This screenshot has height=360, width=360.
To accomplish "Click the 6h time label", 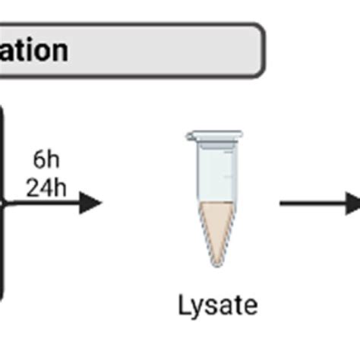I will (x=46, y=161).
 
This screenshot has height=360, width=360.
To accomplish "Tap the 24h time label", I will (x=46, y=185).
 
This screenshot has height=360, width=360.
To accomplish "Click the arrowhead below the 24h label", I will (x=90, y=203).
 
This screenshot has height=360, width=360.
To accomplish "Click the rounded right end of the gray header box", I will (x=257, y=50).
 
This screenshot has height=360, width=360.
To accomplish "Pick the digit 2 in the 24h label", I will (x=33, y=185).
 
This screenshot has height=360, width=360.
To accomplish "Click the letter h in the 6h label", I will (x=52, y=161).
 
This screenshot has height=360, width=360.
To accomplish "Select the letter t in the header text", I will (x=21, y=50).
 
